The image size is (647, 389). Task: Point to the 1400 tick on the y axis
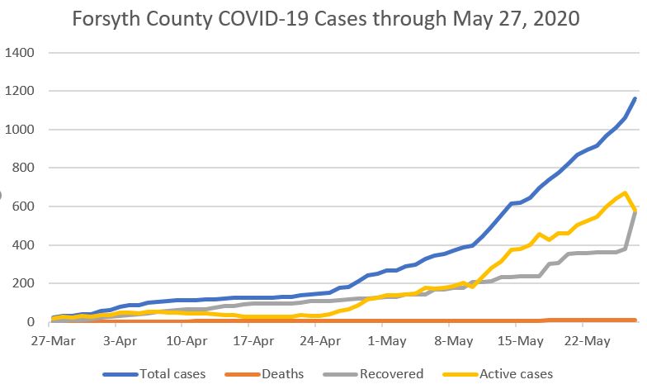tap(19, 54)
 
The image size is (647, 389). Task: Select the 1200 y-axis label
tap(19, 92)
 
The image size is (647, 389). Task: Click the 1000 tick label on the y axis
tap(19, 130)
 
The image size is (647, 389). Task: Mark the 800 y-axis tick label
tap(22, 168)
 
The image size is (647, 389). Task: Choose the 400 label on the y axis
tap(22, 245)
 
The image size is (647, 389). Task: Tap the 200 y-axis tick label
tap(22, 283)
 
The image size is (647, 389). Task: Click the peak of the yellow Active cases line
tap(626, 193)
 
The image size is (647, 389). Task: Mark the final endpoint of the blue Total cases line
tap(635, 98)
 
